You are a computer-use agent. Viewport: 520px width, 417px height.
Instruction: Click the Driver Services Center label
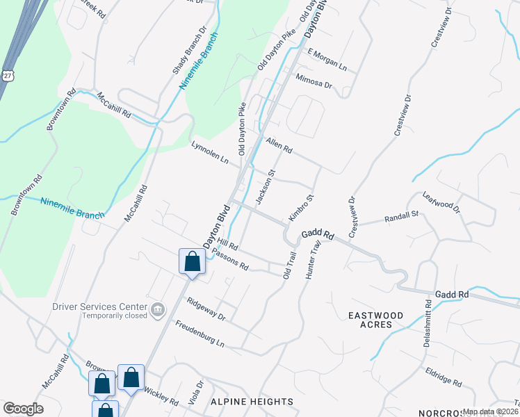(99, 306)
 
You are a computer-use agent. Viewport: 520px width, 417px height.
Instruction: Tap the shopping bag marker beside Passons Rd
(193, 262)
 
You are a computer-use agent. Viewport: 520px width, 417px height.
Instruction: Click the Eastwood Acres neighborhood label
(375, 320)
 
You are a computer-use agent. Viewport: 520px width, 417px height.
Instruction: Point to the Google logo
(24, 409)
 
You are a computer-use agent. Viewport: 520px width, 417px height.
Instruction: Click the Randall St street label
(401, 218)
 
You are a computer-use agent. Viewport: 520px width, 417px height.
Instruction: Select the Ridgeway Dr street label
(206, 309)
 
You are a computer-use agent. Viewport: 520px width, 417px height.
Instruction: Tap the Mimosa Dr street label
(314, 81)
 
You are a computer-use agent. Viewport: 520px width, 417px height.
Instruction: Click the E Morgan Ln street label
(327, 60)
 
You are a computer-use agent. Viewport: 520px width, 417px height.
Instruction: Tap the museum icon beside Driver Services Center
(158, 308)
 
